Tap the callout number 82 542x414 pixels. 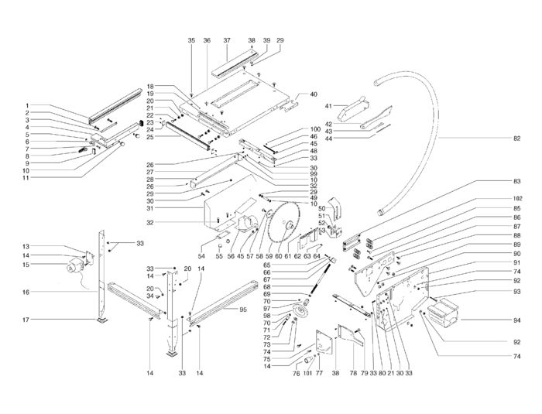517,139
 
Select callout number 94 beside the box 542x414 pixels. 517,319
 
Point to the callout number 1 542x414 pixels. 26,106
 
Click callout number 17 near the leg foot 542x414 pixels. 26,320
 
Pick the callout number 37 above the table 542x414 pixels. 227,39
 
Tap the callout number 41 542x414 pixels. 328,105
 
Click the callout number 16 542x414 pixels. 26,293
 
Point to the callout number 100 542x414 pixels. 293,129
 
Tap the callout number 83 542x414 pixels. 517,181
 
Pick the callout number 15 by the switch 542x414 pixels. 26,265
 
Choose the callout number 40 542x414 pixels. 313,94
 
